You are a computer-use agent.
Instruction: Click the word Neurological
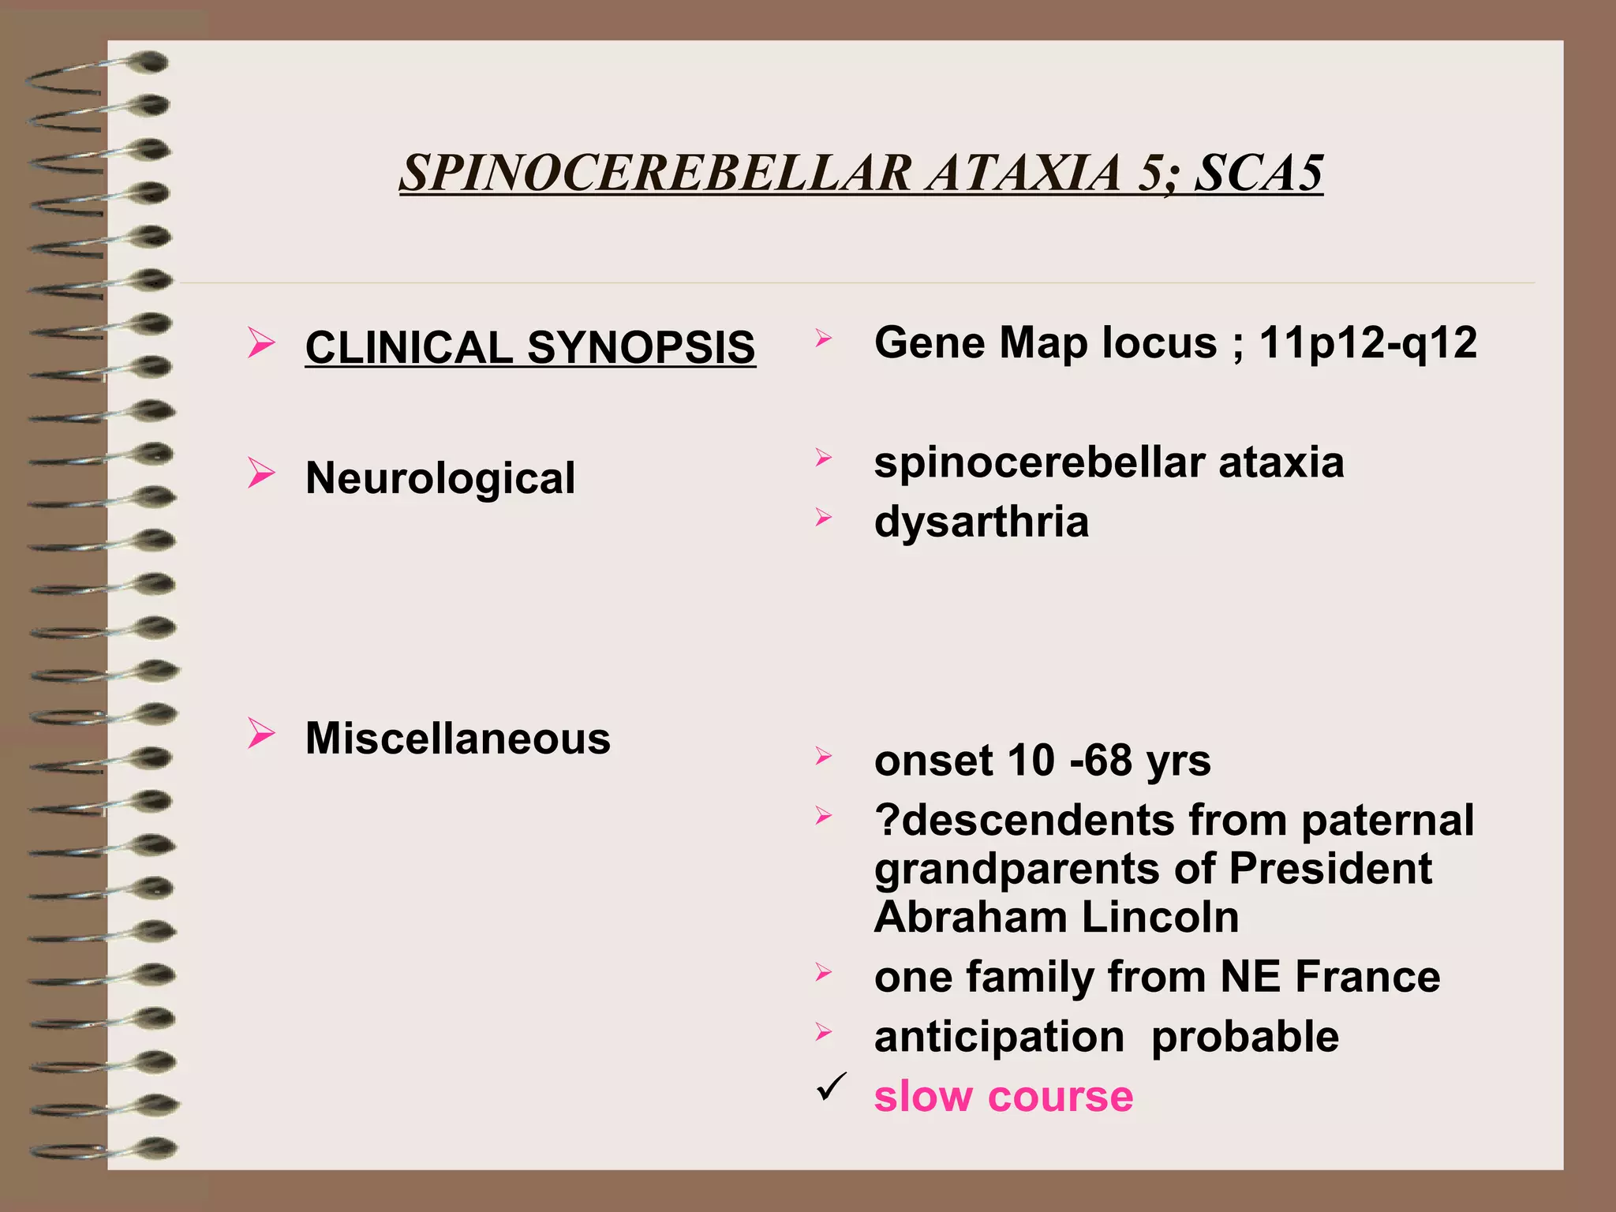440,478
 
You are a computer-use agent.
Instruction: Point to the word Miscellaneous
458,739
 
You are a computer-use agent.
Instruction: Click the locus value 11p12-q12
1367,343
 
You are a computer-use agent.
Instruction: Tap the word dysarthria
981,522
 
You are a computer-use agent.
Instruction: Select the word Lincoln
1160,917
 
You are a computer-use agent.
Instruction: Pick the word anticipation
999,1037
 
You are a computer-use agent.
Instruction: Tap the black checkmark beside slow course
832,1087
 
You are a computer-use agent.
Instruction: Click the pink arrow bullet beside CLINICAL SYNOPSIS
260,343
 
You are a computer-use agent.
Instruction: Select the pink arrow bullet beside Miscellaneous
260,733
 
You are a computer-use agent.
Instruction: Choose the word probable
1244,1037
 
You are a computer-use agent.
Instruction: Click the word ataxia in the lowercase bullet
1281,462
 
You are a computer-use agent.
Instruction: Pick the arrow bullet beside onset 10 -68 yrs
823,757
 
